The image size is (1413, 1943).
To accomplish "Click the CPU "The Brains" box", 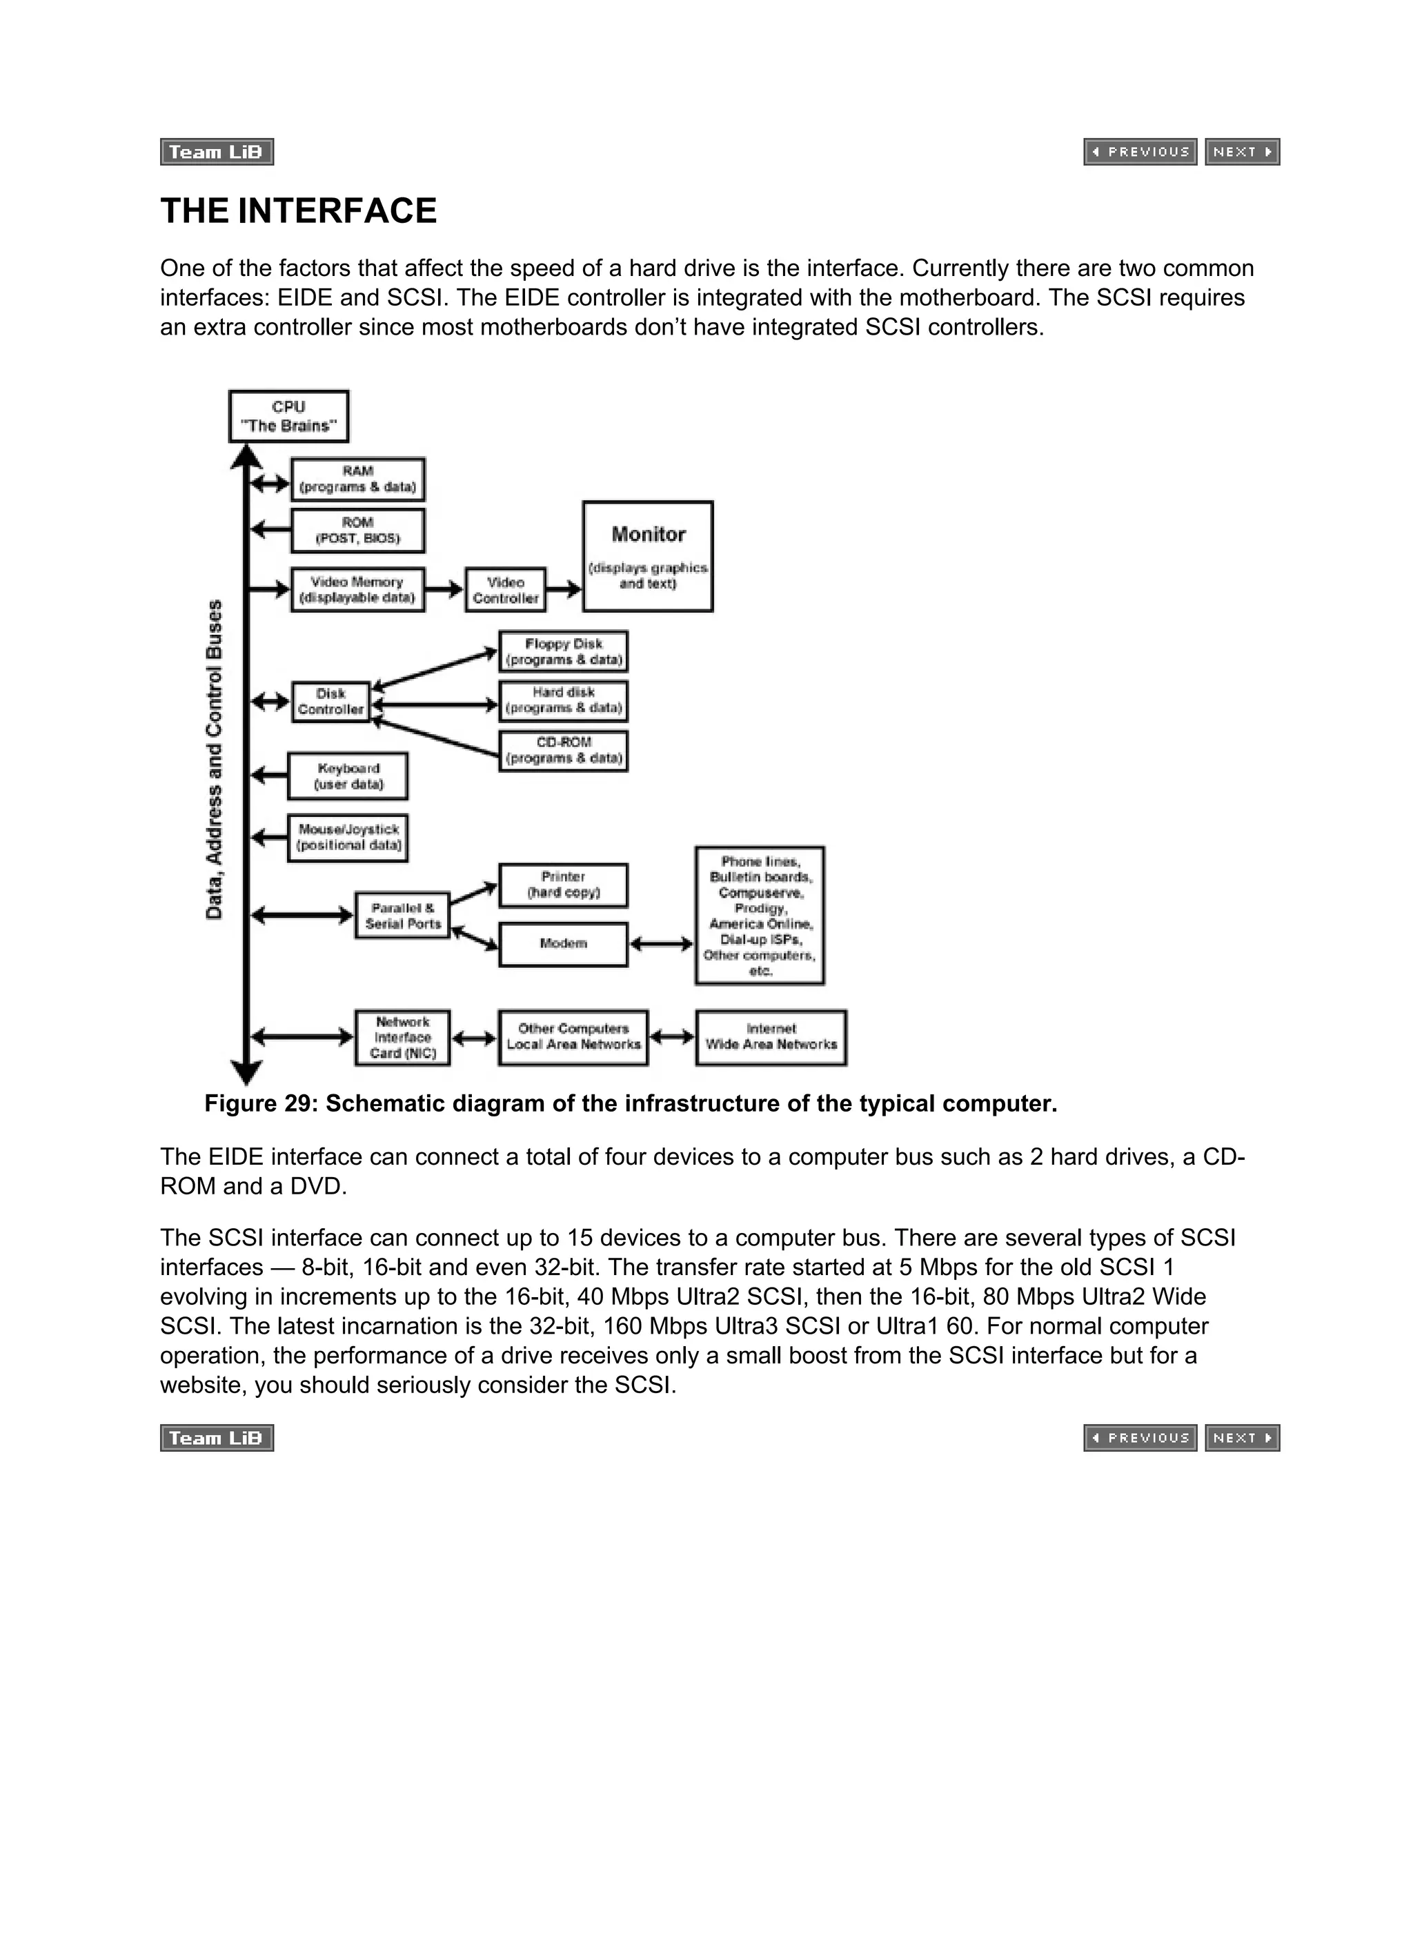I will (x=289, y=416).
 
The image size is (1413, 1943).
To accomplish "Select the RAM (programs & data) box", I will (x=357, y=479).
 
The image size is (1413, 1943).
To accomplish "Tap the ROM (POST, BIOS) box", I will (x=357, y=531).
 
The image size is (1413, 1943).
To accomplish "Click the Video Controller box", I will (x=506, y=589).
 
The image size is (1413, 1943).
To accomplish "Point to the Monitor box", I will (x=648, y=556).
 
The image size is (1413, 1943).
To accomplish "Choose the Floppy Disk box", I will (x=563, y=651).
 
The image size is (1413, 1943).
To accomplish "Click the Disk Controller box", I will (x=330, y=702).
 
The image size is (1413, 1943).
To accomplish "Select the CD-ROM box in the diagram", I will (x=563, y=751).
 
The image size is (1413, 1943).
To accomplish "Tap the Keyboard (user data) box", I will (x=348, y=776).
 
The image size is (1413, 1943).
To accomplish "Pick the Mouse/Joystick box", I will (x=348, y=837).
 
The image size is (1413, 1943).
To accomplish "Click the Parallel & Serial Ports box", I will (x=403, y=915).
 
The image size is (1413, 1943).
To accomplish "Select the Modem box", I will (x=563, y=943).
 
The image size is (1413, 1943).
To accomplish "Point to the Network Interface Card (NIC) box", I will (x=403, y=1038).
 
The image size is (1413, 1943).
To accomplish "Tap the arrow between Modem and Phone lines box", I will (x=662, y=944).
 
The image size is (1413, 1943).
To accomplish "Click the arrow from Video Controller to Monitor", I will (x=564, y=589).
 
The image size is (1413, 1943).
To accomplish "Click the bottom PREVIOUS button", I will (x=1140, y=1437).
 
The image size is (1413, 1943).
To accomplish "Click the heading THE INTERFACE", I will (x=298, y=210).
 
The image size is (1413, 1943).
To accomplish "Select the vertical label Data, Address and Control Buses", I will (x=214, y=759).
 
